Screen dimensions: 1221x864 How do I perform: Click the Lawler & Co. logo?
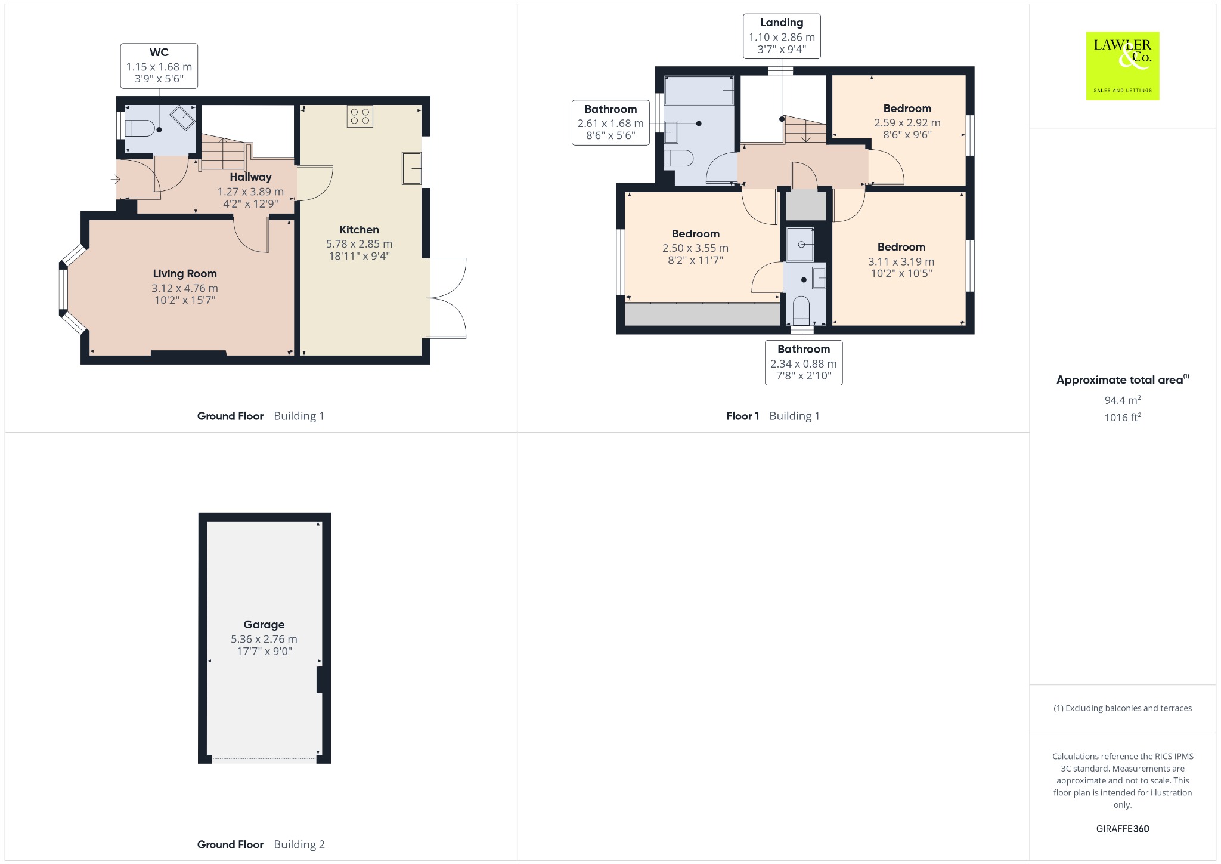(x=1122, y=66)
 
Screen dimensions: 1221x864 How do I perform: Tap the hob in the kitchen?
(x=360, y=116)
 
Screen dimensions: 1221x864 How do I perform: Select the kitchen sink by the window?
(x=412, y=168)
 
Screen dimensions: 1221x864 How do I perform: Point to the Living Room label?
(x=185, y=274)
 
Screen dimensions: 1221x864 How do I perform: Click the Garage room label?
(x=264, y=625)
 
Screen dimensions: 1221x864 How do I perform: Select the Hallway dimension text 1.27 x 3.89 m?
(x=250, y=192)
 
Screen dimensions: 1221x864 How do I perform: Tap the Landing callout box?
(x=782, y=36)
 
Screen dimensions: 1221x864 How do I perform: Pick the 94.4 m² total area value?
(x=1123, y=400)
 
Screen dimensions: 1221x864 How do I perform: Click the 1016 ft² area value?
(x=1123, y=418)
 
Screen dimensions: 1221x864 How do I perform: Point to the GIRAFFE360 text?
(x=1123, y=829)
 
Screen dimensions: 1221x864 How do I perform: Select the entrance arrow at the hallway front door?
(x=115, y=179)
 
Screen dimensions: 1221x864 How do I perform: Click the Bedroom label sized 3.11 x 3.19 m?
(x=901, y=247)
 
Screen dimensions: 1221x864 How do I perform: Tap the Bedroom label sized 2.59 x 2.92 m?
(x=907, y=109)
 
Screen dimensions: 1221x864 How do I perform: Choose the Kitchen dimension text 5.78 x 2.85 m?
(x=359, y=244)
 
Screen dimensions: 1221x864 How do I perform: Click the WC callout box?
(x=159, y=66)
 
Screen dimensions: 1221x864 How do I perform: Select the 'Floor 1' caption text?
(x=743, y=416)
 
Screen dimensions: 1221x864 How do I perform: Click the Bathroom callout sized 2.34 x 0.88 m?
(x=804, y=363)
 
